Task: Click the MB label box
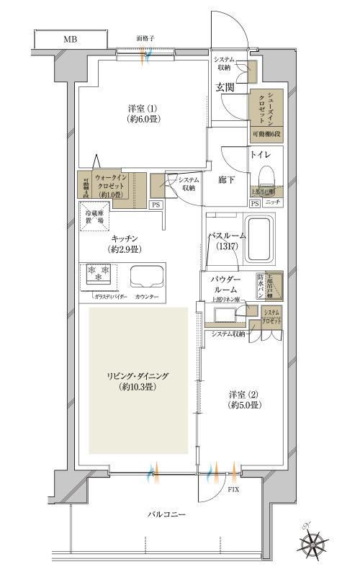pos(69,39)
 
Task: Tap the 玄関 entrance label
pos(225,87)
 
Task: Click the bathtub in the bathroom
pos(261,241)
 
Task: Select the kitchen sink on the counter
pos(146,277)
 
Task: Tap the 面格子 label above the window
pos(145,38)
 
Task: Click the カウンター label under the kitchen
pos(147,296)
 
